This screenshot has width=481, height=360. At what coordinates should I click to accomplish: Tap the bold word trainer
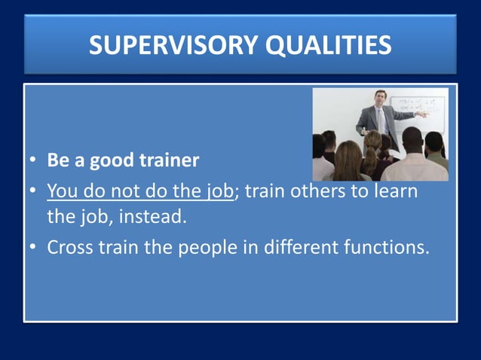167,160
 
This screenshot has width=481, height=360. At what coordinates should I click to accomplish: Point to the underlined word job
220,191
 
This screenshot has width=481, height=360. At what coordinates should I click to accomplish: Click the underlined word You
62,191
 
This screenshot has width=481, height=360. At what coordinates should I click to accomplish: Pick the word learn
392,191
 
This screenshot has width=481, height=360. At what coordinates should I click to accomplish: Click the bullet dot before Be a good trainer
34,161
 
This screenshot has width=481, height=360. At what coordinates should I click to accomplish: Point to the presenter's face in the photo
380,99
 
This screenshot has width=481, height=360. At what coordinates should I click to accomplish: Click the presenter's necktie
381,119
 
